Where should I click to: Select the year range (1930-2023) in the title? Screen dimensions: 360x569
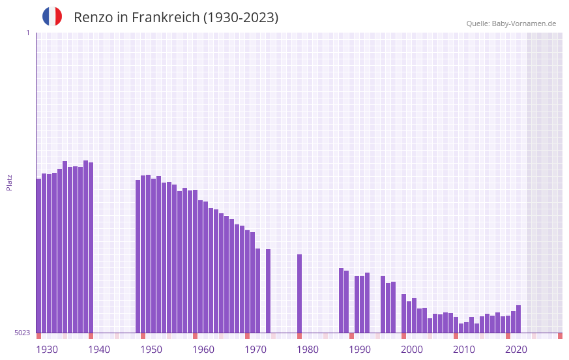(x=241, y=18)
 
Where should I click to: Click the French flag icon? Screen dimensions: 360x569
(x=52, y=16)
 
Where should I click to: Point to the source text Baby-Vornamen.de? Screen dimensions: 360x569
(x=523, y=23)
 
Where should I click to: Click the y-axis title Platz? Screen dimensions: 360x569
(x=9, y=182)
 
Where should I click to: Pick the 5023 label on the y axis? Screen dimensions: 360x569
(x=23, y=333)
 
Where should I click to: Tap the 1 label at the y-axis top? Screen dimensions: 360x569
(x=27, y=33)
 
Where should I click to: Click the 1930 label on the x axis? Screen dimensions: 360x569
(x=47, y=350)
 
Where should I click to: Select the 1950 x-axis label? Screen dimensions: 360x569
(x=151, y=350)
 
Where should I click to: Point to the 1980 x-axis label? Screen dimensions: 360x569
(x=308, y=350)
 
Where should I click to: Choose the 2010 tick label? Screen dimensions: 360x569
(x=464, y=350)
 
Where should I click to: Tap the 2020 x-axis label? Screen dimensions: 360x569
(x=516, y=350)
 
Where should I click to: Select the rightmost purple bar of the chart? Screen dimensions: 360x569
(x=518, y=319)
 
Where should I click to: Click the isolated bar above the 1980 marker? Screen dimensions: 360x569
(x=299, y=293)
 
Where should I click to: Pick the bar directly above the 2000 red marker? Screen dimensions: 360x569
(x=403, y=313)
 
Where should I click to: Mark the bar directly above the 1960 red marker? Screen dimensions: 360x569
(x=195, y=261)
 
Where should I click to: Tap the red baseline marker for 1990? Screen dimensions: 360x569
(x=351, y=336)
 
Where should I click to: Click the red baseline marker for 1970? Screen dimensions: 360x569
(x=247, y=336)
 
